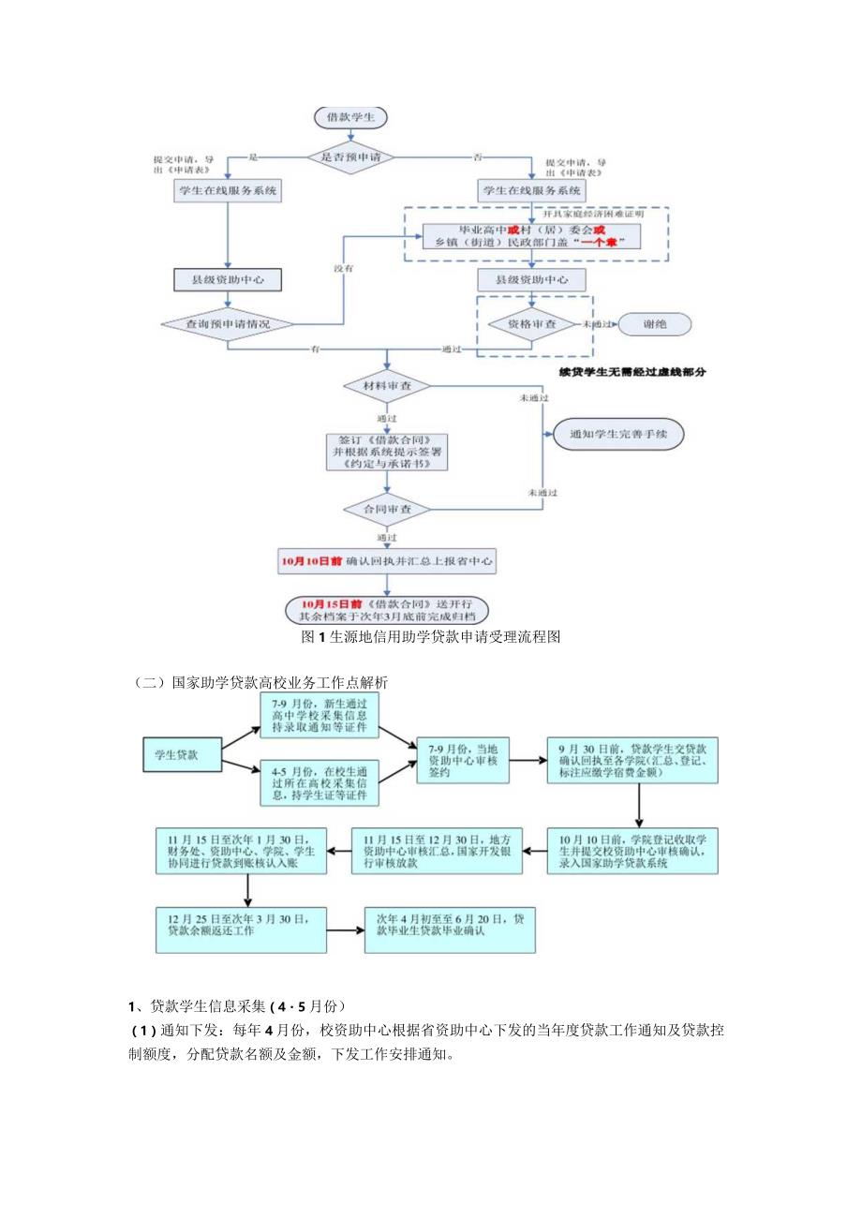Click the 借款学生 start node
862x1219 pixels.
pos(351,118)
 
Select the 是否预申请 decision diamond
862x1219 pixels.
pos(351,157)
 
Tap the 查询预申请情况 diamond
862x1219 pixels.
pos(228,323)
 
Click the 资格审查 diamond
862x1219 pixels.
pos(532,323)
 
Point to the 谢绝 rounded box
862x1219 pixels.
pos(655,323)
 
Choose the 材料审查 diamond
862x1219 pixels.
pos(387,385)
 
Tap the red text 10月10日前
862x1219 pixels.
pos(312,562)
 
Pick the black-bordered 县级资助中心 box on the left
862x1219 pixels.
pos(228,279)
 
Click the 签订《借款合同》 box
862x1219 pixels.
pos(387,451)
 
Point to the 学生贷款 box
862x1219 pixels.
pos(183,755)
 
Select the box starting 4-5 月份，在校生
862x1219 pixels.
pos(320,783)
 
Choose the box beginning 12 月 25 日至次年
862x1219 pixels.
pos(242,927)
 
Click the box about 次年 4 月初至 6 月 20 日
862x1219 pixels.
pos(450,927)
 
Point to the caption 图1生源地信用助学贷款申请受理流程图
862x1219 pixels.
pos(431,637)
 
